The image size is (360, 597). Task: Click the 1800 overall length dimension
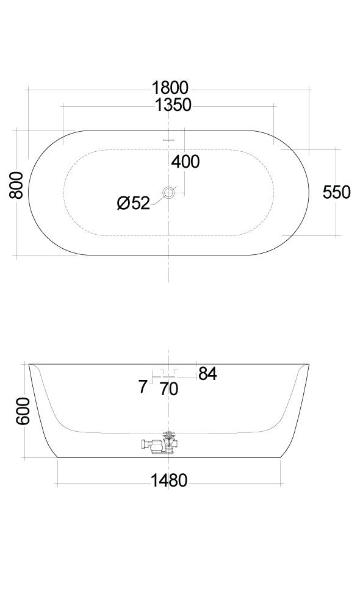[x=170, y=88]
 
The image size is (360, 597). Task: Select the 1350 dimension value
[x=173, y=105]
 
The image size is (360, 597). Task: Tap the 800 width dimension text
[x=16, y=185]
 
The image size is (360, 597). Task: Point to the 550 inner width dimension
[x=336, y=192]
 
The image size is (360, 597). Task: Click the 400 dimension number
[x=185, y=162]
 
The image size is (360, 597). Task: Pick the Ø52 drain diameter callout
[x=134, y=203]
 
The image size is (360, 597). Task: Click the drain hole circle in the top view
[x=168, y=193]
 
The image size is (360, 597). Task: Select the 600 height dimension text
[x=23, y=411]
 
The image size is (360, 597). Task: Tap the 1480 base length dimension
[x=169, y=481]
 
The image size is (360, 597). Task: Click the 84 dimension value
[x=207, y=374]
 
